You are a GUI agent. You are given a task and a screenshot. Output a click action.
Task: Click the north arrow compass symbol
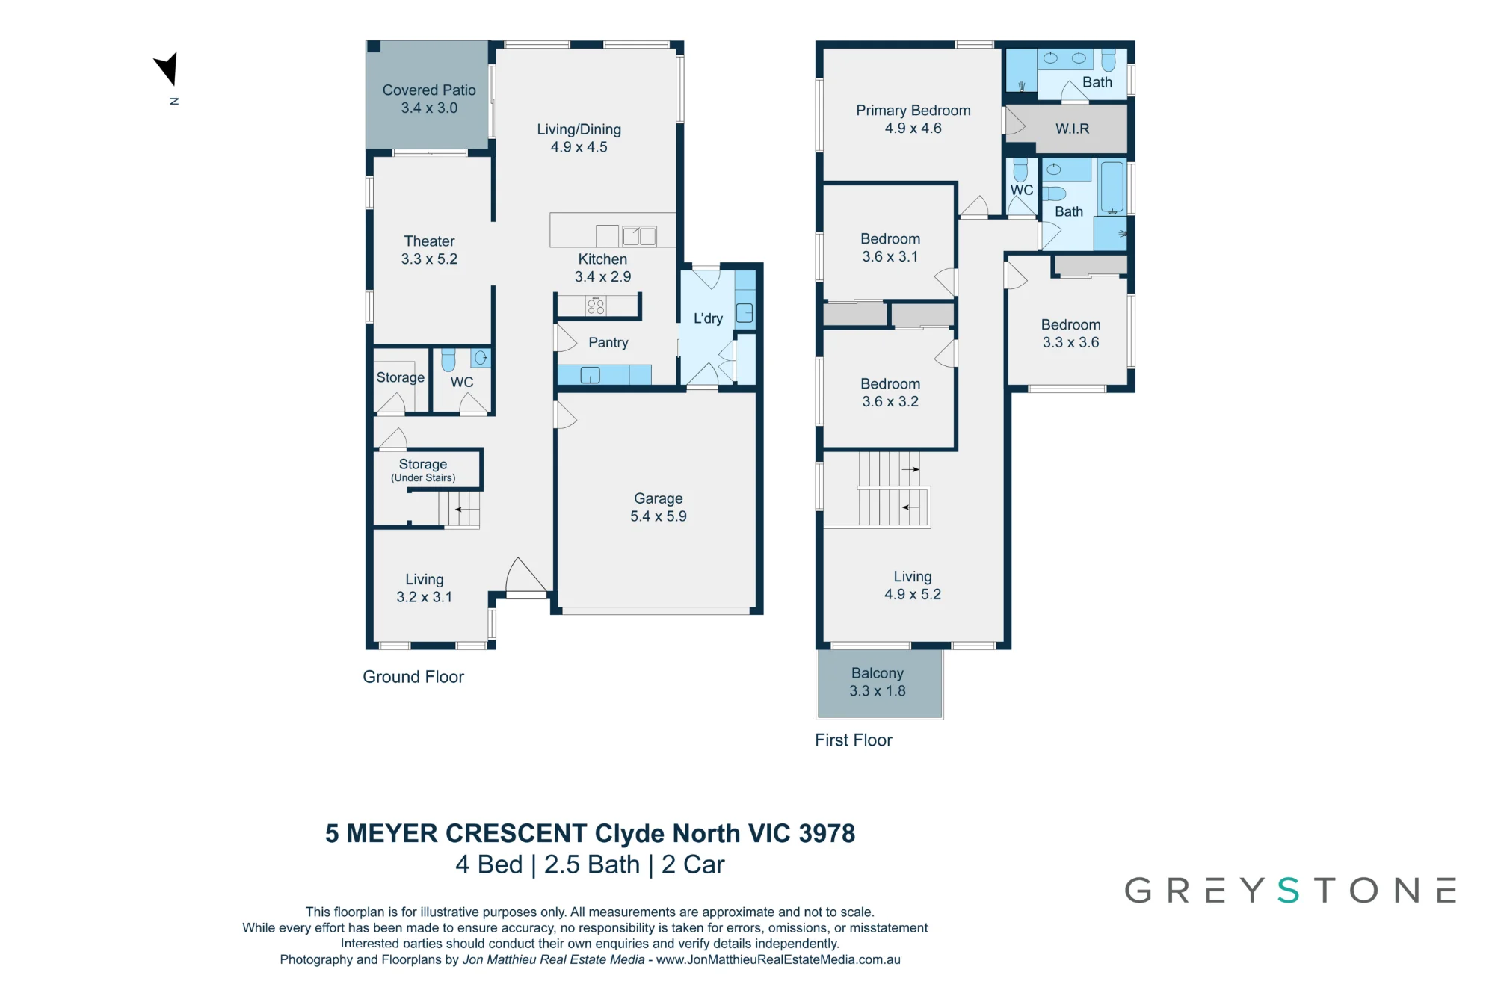168,69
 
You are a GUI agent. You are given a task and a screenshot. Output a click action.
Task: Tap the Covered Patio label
429,90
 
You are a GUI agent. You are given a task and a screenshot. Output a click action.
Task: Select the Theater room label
429,241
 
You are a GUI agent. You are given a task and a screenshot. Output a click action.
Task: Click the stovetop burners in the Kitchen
596,306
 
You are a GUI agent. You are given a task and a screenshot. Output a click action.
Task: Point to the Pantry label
608,343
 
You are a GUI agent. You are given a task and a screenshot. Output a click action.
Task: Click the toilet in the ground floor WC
449,359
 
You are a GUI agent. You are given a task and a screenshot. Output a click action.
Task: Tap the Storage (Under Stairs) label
423,471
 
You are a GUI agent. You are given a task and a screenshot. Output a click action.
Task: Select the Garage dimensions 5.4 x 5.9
659,516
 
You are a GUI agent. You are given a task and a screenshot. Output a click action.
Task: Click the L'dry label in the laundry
708,318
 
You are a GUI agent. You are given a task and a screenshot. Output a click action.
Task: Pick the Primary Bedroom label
913,111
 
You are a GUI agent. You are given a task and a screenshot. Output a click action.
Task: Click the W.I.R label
1073,129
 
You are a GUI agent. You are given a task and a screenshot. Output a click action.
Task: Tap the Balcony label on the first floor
878,674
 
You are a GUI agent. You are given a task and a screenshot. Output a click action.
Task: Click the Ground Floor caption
413,677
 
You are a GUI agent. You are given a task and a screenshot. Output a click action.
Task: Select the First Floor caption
854,740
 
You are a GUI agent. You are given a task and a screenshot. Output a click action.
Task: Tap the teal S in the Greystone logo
1289,891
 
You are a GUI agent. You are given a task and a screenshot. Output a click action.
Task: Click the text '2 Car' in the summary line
693,864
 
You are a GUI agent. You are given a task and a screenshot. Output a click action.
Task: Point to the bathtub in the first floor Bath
1112,188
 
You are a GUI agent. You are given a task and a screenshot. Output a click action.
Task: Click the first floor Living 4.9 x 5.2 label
913,586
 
